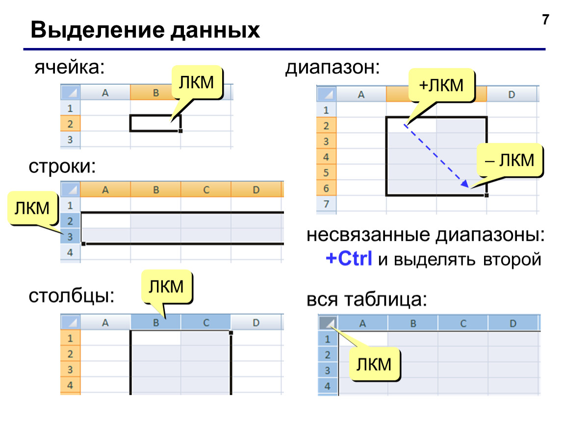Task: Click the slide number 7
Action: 546,20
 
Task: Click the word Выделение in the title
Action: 97,30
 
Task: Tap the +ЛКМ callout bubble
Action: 441,86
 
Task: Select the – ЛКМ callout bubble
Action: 510,160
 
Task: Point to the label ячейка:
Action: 70,67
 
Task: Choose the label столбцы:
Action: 72,296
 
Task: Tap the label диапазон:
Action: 333,67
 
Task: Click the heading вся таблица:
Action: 367,299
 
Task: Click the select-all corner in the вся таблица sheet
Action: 328,323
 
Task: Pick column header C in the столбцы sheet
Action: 206,323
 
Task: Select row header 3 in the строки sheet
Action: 70,236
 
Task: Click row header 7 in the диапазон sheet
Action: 326,204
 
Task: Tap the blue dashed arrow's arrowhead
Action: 465,184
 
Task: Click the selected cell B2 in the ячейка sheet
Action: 155,123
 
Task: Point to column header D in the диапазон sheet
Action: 512,94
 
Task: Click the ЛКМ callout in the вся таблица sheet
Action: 374,364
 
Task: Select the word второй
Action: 512,259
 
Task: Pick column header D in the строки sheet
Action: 256,189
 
